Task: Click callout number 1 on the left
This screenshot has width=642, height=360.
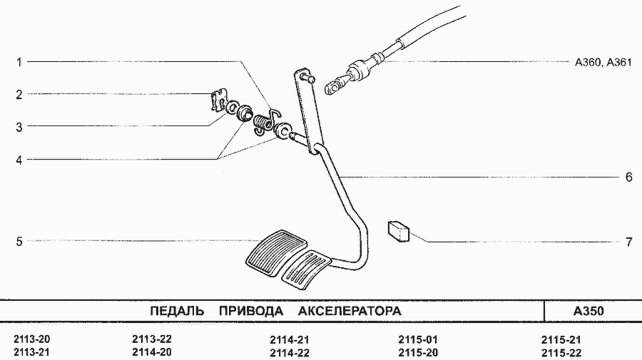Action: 19,62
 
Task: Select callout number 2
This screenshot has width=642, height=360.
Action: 19,95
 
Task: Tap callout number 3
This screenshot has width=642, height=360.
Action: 19,127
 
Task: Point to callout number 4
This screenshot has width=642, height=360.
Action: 19,160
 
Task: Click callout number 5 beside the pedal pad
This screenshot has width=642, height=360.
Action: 19,242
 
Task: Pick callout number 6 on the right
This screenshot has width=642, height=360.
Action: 629,177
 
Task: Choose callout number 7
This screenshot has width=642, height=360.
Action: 629,242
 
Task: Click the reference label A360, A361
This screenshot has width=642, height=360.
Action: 603,63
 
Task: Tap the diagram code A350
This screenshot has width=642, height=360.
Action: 588,312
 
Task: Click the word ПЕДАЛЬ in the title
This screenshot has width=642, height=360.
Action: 177,312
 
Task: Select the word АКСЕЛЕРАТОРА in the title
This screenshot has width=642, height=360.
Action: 350,312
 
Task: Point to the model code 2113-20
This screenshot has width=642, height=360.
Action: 32,339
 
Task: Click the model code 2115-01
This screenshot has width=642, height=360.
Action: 417,339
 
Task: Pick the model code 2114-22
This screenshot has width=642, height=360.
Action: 290,353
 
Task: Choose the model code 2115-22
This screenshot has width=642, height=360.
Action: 561,353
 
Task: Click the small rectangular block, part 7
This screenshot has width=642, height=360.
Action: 398,231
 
